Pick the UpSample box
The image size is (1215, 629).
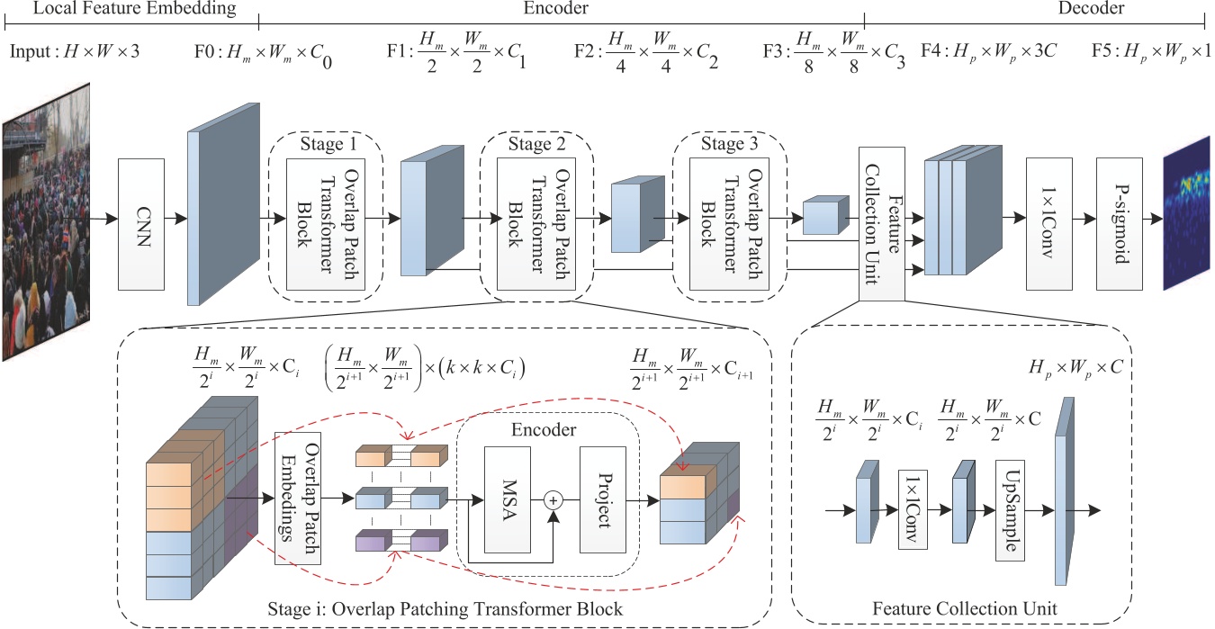tap(1012, 509)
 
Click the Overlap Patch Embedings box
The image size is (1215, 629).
tap(298, 497)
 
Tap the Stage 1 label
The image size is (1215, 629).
tap(327, 145)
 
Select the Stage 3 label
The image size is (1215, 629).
tap(729, 145)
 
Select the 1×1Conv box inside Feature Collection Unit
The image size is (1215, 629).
tap(913, 509)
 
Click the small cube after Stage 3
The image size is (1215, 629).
tap(820, 217)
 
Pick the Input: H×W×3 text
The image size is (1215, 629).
tap(75, 51)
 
